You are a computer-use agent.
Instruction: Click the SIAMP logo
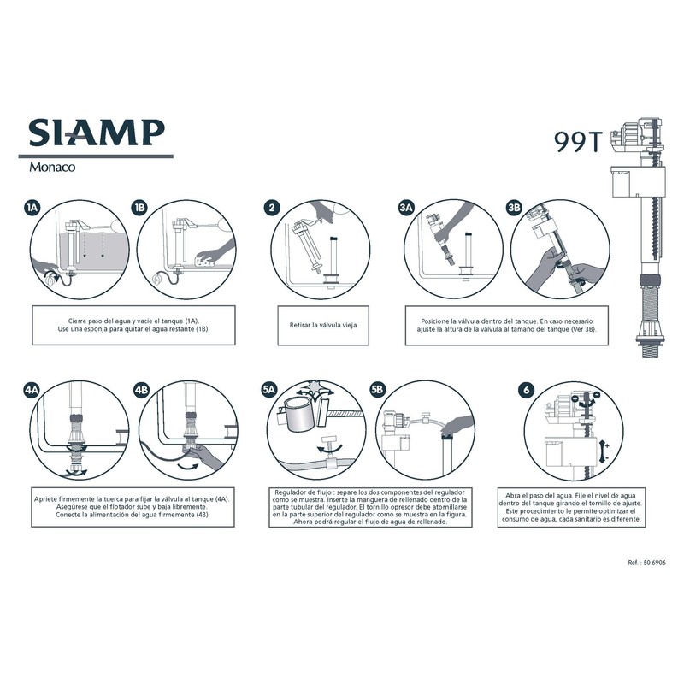coord(97,133)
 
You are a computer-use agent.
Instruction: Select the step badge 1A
coord(32,208)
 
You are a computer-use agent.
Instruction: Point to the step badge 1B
coord(140,208)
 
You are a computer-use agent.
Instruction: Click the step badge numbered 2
coord(272,208)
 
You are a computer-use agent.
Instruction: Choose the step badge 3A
coord(407,208)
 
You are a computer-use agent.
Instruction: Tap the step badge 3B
coord(514,208)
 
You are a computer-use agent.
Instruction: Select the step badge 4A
coord(32,390)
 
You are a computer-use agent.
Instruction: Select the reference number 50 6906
coord(646,564)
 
